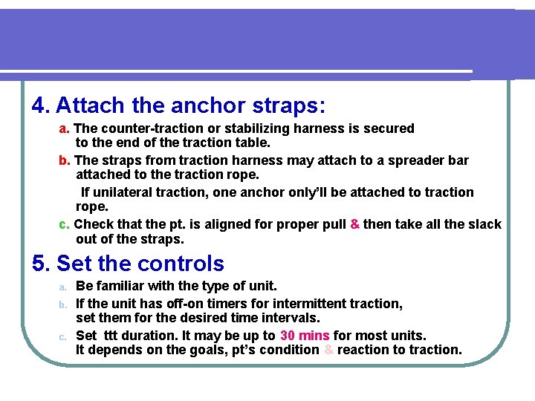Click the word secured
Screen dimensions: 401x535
point(389,128)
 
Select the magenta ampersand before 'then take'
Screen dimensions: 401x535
point(354,224)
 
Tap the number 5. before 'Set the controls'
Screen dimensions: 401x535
point(41,264)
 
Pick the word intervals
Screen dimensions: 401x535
point(289,318)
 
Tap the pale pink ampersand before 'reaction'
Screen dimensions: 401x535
point(328,350)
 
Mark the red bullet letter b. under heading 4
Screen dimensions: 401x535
point(65,160)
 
